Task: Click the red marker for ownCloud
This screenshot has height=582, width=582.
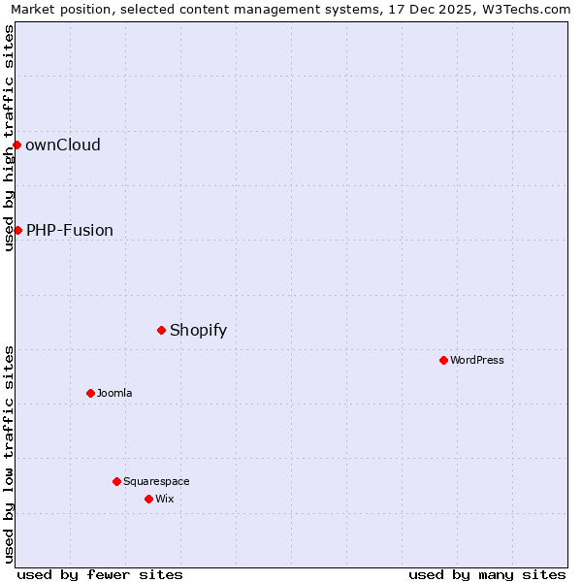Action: pyautogui.click(x=16, y=145)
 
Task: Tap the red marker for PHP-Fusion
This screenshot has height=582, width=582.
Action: pyautogui.click(x=17, y=230)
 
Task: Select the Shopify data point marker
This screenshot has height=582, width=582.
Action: pyautogui.click(x=161, y=330)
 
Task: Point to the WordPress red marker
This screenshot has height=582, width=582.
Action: pyautogui.click(x=443, y=360)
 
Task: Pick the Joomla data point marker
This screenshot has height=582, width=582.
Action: pyautogui.click(x=90, y=393)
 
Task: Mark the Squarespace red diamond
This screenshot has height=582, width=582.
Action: pyautogui.click(x=116, y=481)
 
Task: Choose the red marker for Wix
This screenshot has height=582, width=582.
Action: pyautogui.click(x=148, y=499)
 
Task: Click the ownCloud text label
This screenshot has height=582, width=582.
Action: pyautogui.click(x=63, y=145)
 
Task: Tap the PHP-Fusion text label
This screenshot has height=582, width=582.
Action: pyautogui.click(x=70, y=231)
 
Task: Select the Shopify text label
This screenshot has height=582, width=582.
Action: pyautogui.click(x=199, y=331)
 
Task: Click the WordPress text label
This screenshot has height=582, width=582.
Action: pyautogui.click(x=477, y=361)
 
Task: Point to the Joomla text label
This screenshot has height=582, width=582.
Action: pyautogui.click(x=114, y=394)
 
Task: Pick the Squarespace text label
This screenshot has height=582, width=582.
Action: pyautogui.click(x=156, y=482)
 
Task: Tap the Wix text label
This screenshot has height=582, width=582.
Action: pyautogui.click(x=165, y=500)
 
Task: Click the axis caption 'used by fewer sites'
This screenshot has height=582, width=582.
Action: pyautogui.click(x=100, y=574)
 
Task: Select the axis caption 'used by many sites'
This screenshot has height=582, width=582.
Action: pyautogui.click(x=487, y=574)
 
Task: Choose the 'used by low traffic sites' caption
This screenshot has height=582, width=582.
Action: pyautogui.click(x=9, y=453)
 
